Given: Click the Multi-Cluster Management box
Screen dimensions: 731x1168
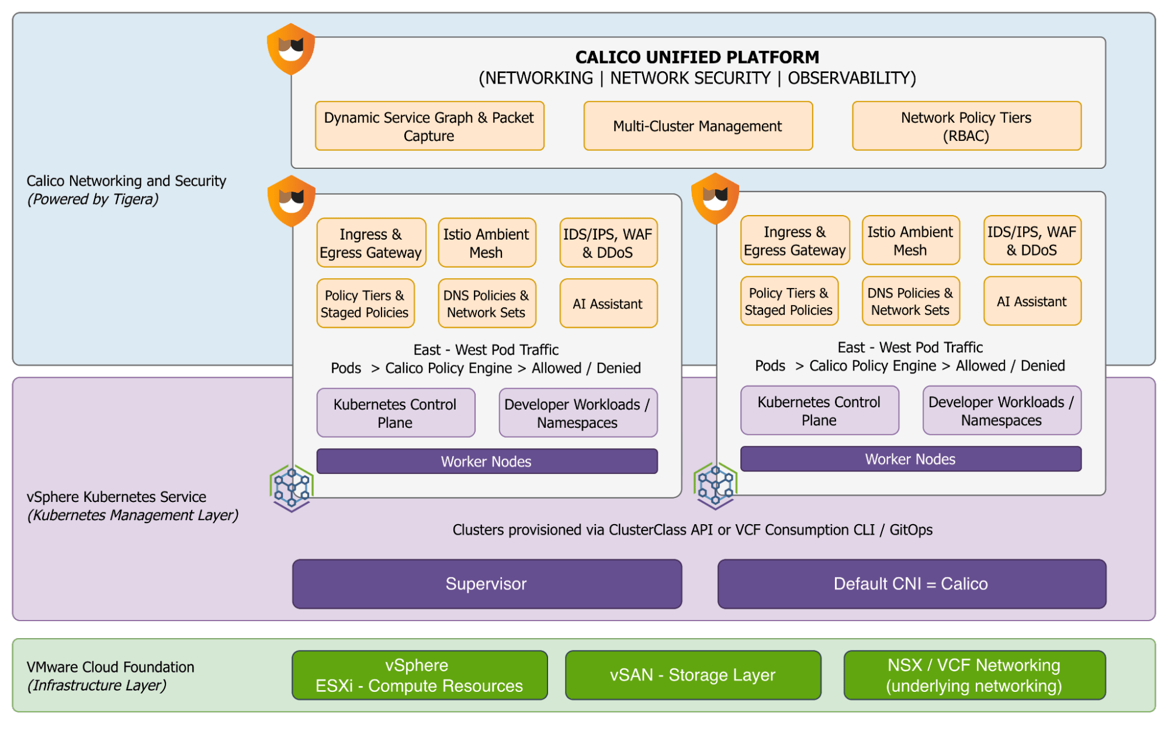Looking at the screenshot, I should pyautogui.click(x=698, y=126).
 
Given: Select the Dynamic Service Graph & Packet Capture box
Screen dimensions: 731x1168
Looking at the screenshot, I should pyautogui.click(x=429, y=126).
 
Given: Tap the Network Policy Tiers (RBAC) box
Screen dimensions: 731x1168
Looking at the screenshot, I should pyautogui.click(x=966, y=126).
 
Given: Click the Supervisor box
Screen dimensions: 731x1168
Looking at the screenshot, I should pyautogui.click(x=487, y=584).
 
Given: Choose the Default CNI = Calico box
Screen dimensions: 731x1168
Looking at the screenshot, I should pyautogui.click(x=911, y=584).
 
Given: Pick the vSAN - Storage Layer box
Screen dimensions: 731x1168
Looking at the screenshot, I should pyautogui.click(x=693, y=675).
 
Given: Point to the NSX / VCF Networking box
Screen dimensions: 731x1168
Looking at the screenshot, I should pyautogui.click(x=974, y=675).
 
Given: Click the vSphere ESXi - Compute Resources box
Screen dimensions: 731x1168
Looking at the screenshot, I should pyautogui.click(x=420, y=675).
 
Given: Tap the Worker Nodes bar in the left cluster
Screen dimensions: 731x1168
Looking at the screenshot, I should pyautogui.click(x=487, y=461).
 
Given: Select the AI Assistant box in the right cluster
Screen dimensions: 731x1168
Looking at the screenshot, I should pyautogui.click(x=1032, y=302).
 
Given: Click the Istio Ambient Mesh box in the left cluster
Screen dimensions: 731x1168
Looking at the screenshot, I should pyautogui.click(x=487, y=243).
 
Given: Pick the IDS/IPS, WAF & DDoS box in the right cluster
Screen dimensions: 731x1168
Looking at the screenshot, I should pyautogui.click(x=1032, y=241).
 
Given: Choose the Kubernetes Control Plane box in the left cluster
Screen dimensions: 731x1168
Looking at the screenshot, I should pyautogui.click(x=396, y=413).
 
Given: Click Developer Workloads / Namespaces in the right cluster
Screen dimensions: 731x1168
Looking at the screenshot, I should pyautogui.click(x=1001, y=411).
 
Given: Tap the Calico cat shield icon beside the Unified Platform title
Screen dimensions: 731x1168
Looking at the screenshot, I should pyautogui.click(x=291, y=49).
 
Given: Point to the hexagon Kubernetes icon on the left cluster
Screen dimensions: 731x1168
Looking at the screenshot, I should pyautogui.click(x=292, y=488).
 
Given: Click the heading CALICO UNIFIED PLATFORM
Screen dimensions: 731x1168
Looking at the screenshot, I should pyautogui.click(x=697, y=57).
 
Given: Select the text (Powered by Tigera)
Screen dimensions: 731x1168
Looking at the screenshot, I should pyautogui.click(x=93, y=199).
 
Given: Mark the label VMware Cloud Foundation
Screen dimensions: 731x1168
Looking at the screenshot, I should pyautogui.click(x=110, y=667).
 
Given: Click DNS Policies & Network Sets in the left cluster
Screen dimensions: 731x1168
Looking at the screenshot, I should pyautogui.click(x=487, y=304).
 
